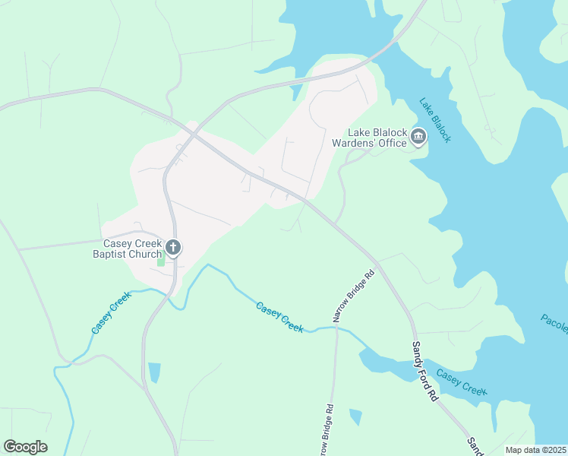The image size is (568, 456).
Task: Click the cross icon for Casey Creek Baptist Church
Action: click(x=173, y=247)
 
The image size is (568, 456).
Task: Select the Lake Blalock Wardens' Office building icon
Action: click(x=418, y=136)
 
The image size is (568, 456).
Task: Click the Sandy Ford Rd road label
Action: click(x=424, y=371)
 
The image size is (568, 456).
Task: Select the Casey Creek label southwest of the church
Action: click(x=111, y=312)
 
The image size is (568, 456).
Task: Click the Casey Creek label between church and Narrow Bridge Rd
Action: click(x=279, y=317)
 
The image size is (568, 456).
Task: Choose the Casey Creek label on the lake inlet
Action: click(x=461, y=382)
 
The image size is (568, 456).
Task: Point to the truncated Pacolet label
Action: click(x=554, y=323)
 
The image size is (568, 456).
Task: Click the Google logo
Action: click(x=25, y=447)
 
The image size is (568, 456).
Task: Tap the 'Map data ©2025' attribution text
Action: click(x=535, y=450)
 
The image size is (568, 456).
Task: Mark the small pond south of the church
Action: click(x=155, y=372)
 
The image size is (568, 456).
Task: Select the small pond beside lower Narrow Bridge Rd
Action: click(x=355, y=416)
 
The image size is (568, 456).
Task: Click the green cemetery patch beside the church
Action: click(x=160, y=261)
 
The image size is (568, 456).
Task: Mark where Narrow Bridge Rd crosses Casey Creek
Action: click(x=336, y=327)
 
